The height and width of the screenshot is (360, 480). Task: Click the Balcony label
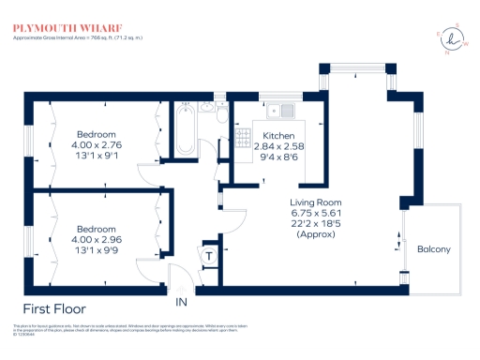point(434,248)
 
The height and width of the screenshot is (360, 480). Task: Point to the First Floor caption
point(54,307)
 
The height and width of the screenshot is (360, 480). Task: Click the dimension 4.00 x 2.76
point(98,144)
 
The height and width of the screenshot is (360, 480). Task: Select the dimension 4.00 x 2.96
point(98,240)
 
